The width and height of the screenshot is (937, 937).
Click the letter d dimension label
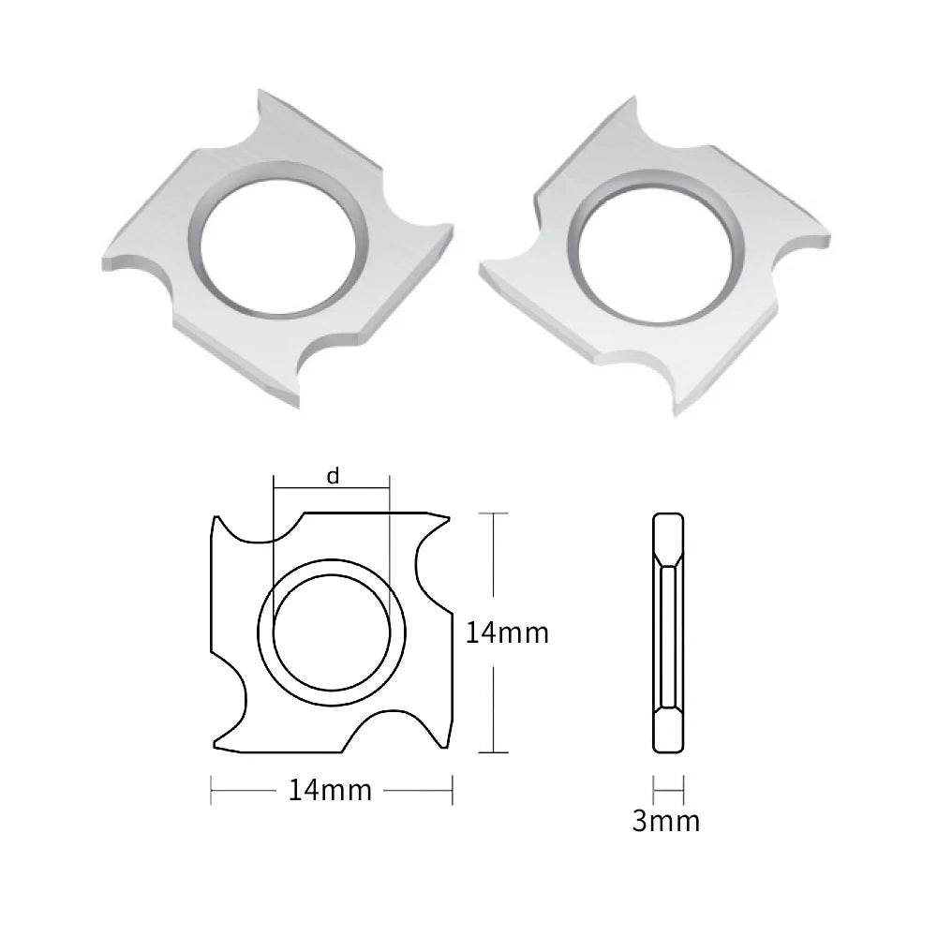click(333, 476)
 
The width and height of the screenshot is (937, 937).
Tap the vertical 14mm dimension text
click(507, 632)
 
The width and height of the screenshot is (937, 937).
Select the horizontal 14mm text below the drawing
click(330, 790)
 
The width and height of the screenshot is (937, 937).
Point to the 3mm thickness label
click(665, 821)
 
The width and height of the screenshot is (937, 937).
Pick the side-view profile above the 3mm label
click(668, 632)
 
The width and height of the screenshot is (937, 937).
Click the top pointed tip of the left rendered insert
click(259, 90)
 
